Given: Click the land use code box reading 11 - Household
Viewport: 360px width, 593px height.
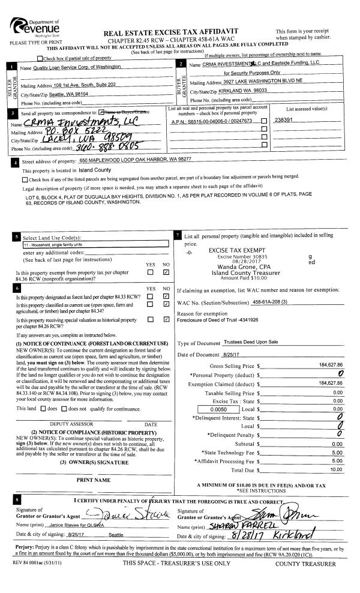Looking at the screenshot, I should coord(95,245).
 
